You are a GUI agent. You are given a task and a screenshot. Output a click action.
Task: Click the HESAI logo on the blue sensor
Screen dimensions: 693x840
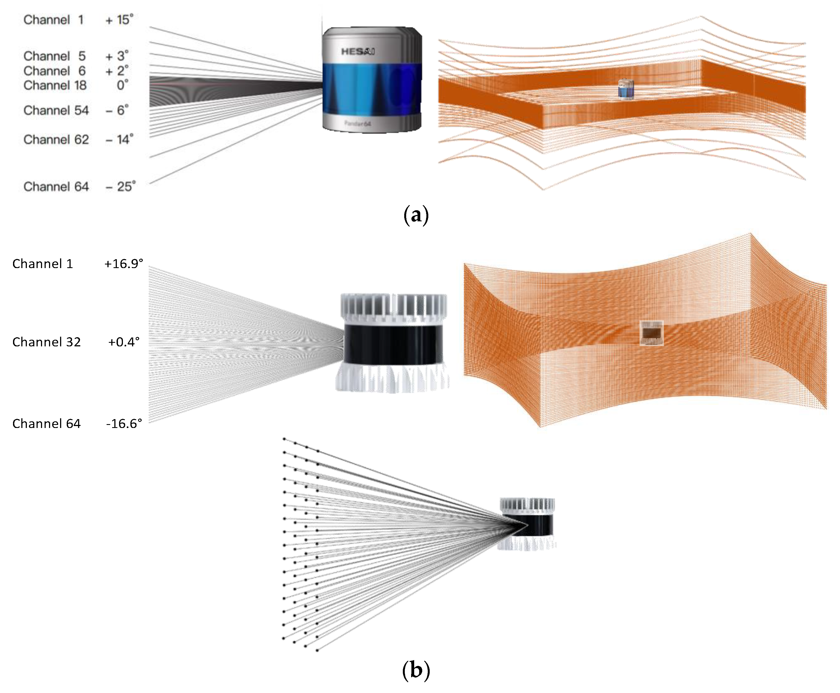pyautogui.click(x=357, y=51)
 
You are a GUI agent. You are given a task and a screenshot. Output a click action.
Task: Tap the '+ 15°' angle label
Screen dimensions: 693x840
pyautogui.click(x=119, y=20)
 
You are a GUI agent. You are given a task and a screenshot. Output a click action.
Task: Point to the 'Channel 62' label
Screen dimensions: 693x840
pyautogui.click(x=56, y=140)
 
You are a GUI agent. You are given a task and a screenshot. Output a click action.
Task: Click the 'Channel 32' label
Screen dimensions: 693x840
pyautogui.click(x=46, y=342)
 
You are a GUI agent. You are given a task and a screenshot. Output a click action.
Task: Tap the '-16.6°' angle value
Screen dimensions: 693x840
pyautogui.click(x=124, y=424)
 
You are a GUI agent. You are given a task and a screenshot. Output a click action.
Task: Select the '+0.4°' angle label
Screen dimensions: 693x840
pyautogui.click(x=124, y=342)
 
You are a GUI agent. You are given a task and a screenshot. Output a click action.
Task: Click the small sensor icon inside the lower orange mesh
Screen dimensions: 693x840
pyautogui.click(x=651, y=333)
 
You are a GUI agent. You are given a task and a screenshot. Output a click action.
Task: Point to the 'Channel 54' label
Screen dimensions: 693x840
pyautogui.click(x=56, y=111)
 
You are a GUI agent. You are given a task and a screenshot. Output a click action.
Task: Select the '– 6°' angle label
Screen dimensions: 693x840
pyautogui.click(x=117, y=111)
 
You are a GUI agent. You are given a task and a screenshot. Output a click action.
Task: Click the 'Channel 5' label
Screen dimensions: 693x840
pyautogui.click(x=54, y=56)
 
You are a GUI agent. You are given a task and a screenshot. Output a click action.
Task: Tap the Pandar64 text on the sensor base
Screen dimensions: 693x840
pyautogui.click(x=358, y=123)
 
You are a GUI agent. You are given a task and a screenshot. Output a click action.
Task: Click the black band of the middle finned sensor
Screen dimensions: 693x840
pyautogui.click(x=393, y=344)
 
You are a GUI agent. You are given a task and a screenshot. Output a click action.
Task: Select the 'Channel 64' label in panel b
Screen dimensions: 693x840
pyautogui.click(x=46, y=424)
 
